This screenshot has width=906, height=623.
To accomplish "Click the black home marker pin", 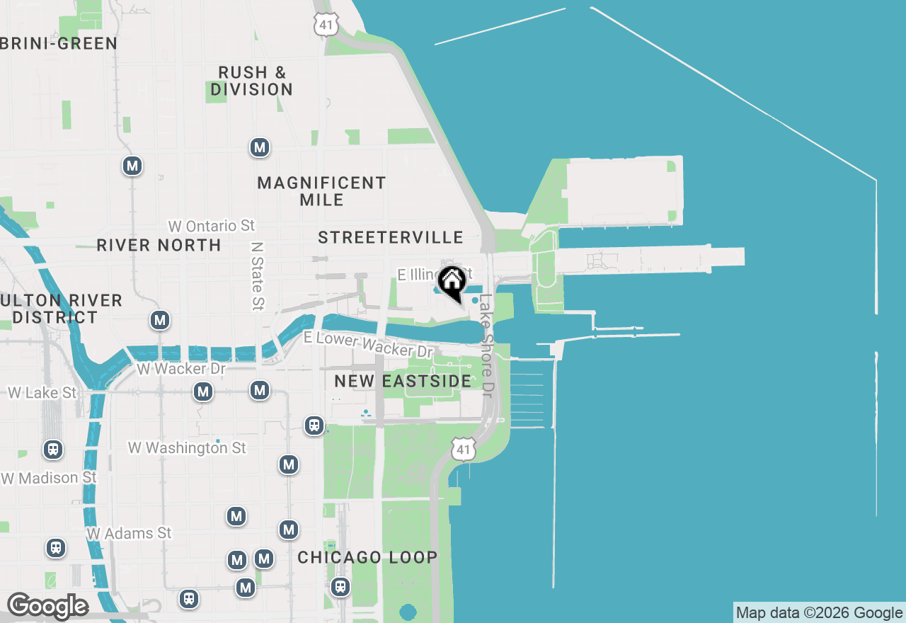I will pyautogui.click(x=451, y=282).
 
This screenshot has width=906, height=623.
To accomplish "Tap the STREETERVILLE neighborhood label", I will pyautogui.click(x=391, y=237).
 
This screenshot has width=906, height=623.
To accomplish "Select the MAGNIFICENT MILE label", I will pyautogui.click(x=321, y=191).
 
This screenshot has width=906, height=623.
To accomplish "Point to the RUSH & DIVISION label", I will pyautogui.click(x=251, y=81).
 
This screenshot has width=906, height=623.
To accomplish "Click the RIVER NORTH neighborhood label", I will pyautogui.click(x=159, y=245).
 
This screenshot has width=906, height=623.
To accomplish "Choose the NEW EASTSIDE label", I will pyautogui.click(x=403, y=381).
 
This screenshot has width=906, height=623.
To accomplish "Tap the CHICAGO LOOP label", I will pyautogui.click(x=367, y=557).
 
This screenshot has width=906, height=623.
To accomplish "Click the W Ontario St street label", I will pyautogui.click(x=211, y=226).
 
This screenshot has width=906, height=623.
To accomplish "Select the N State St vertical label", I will pyautogui.click(x=258, y=275).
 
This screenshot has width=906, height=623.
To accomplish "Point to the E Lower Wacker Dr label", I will pyautogui.click(x=368, y=344).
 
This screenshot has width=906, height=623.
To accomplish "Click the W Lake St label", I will pyautogui.click(x=42, y=392).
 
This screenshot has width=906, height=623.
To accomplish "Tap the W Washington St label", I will pyautogui.click(x=187, y=447).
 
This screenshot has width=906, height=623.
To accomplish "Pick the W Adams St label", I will pyautogui.click(x=129, y=532).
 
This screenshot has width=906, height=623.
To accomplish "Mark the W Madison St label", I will pyautogui.click(x=49, y=478).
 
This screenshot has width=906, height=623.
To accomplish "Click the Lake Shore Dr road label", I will pyautogui.click(x=486, y=345).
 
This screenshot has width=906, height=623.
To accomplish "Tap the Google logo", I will pyautogui.click(x=47, y=606).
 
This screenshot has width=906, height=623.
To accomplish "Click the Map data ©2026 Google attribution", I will pyautogui.click(x=819, y=613).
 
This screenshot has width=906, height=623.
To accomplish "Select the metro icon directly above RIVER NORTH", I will pyautogui.click(x=132, y=166).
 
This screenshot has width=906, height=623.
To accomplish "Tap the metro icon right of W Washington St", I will pyautogui.click(x=288, y=464).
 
